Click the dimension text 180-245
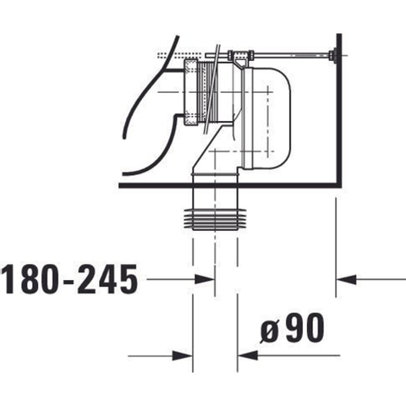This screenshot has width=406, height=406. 70,279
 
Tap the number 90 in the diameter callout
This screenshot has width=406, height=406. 305,327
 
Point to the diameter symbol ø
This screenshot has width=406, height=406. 269,331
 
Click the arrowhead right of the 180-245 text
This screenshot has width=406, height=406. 205,279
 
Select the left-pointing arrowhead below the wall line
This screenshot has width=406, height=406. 347,279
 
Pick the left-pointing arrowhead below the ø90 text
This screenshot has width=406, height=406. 248,355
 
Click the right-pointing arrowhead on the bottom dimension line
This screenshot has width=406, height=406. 182,355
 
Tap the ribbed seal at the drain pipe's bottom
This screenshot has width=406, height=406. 215,219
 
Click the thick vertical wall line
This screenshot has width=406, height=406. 339,110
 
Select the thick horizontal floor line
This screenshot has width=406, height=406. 230,185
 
